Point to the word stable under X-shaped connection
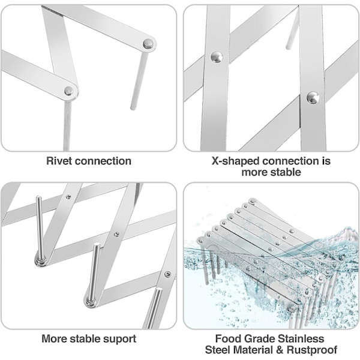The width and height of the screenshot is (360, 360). tap(286, 172)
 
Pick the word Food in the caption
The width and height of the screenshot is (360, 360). tap(228, 339)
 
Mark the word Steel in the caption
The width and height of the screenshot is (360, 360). tap(220, 350)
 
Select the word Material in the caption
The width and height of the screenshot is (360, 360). tap(256, 350)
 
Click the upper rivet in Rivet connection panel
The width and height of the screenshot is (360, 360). tap(148, 43)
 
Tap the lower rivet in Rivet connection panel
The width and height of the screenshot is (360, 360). tap(70, 91)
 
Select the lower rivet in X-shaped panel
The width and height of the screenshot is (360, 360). tap(312, 97)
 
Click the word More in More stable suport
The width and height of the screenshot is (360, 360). tap(54, 339)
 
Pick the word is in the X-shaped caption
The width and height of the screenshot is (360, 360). tap(326, 161)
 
